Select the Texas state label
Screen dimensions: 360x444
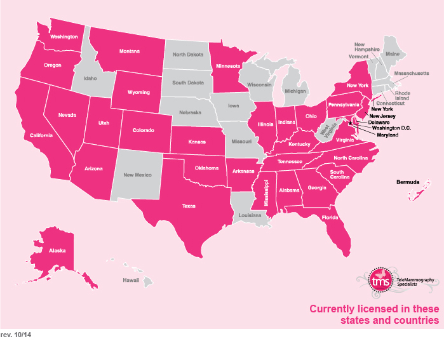tap(189, 206)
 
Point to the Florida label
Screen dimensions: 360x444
tap(329, 217)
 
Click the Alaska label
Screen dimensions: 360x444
tap(57, 251)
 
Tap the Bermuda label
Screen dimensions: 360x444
tap(408, 182)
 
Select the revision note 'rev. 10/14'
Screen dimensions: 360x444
tap(16, 334)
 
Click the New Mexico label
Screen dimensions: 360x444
tap(137, 174)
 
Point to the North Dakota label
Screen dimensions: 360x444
tap(187, 55)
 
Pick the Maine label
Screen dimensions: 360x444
tap(393, 55)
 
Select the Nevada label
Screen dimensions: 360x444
tap(68, 115)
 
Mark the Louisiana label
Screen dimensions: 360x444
tap(250, 215)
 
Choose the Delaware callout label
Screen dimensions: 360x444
tap(379, 123)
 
